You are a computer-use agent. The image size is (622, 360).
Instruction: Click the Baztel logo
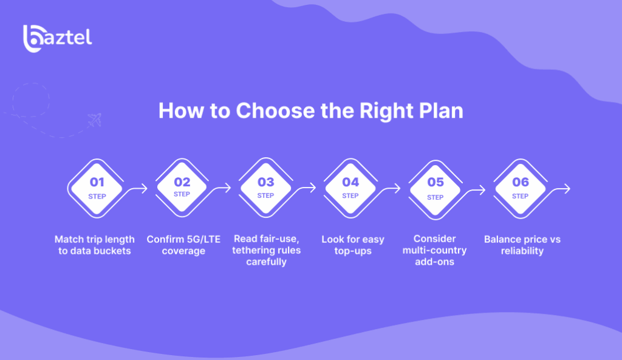pyautogui.click(x=58, y=38)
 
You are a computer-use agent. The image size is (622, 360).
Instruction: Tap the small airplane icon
pyautogui.click(x=95, y=120)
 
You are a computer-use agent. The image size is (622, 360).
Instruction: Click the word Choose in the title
pyautogui.click(x=275, y=110)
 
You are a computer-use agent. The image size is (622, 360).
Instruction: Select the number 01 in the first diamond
pyautogui.click(x=97, y=182)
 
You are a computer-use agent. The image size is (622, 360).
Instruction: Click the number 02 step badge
pyautogui.click(x=182, y=188)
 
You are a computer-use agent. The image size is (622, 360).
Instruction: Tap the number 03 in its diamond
pyautogui.click(x=266, y=182)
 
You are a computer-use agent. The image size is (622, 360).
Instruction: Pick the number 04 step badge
pyautogui.click(x=350, y=188)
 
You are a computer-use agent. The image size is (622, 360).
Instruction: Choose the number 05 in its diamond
pyautogui.click(x=435, y=182)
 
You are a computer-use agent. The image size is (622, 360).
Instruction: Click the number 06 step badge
pyautogui.click(x=520, y=188)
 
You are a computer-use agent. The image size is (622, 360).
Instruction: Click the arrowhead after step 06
pyautogui.click(x=567, y=189)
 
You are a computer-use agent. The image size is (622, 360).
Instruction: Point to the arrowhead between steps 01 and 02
pyautogui.click(x=144, y=188)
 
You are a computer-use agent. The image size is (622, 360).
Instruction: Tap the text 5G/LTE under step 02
pyautogui.click(x=202, y=239)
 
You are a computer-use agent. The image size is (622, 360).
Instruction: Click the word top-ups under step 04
pyautogui.click(x=353, y=251)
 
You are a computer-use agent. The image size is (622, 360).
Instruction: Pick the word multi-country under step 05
pyautogui.click(x=434, y=251)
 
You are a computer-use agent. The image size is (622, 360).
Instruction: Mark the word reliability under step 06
pyautogui.click(x=522, y=251)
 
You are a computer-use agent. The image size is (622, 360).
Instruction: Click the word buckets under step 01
pyautogui.click(x=112, y=251)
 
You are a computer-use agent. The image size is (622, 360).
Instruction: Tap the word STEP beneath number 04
pyautogui.click(x=350, y=195)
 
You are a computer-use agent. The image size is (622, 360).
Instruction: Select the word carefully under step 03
pyautogui.click(x=266, y=262)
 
